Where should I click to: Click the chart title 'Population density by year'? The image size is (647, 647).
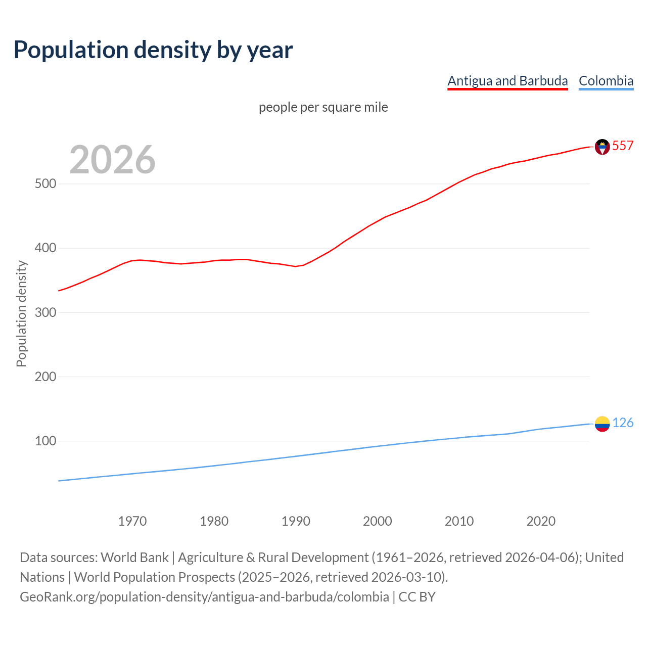153,50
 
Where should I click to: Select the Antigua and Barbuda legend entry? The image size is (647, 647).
507,81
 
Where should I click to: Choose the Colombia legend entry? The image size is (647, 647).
606,81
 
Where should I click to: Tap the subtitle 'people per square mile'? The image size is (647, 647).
323,107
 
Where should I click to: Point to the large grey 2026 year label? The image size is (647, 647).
112,160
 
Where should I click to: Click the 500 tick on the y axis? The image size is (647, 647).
45,183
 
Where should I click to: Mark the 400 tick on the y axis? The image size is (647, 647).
45,248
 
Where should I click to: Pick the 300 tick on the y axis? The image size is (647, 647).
45,312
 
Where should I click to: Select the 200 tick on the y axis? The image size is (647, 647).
45,377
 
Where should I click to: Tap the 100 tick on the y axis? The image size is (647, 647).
45,441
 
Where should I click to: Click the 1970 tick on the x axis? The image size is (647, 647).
132,521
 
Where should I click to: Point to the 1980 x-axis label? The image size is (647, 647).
214,521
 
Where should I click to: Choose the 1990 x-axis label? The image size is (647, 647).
296,521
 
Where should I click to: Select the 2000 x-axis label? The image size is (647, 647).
378,521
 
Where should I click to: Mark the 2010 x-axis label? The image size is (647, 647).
459,521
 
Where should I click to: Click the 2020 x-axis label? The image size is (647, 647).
541,521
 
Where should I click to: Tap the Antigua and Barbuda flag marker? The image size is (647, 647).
602,147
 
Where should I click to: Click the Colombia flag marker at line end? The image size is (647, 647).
602,424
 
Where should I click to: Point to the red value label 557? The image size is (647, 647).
623,146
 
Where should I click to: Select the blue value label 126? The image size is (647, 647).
623,423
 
